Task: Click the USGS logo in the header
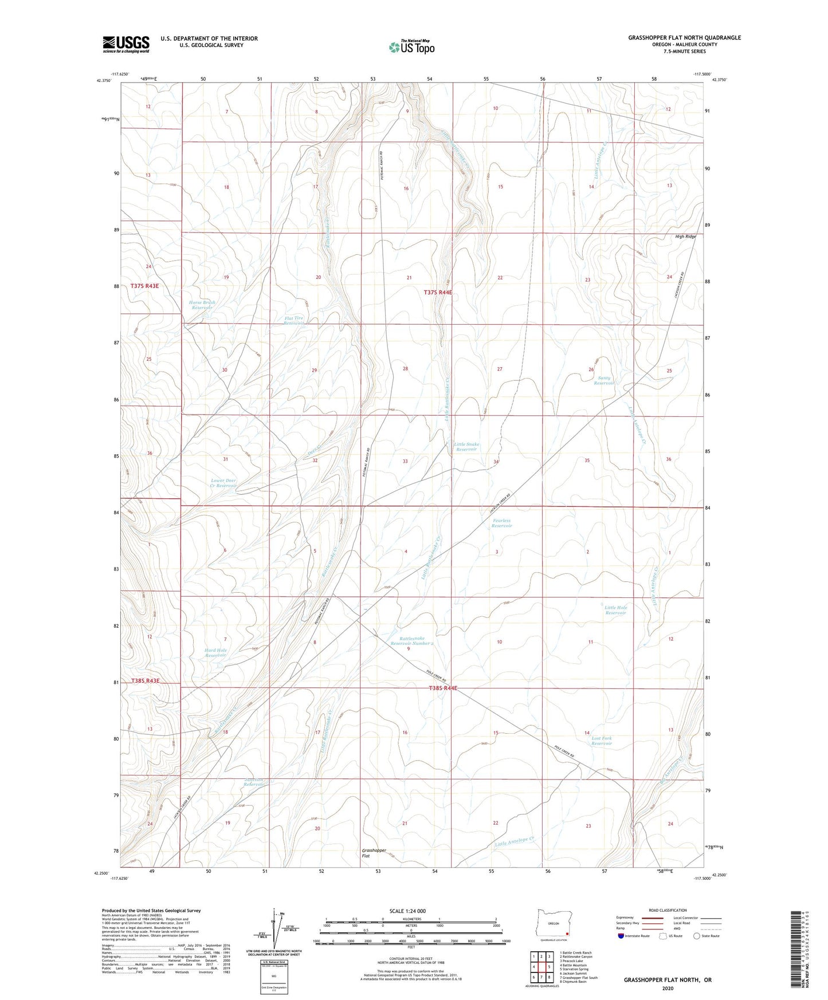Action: [126, 44]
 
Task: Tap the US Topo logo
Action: [411, 46]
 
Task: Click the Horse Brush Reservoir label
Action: [202, 305]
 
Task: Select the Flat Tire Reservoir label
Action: [294, 321]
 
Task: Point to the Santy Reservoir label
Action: [605, 380]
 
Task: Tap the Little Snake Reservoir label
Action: [466, 447]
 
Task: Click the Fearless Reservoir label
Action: [501, 523]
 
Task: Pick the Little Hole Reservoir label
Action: [615, 610]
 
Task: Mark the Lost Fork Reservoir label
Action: [602, 741]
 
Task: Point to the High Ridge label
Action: [685, 237]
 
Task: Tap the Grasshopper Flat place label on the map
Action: [374, 853]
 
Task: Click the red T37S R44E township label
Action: [438, 292]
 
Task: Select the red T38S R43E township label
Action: [145, 680]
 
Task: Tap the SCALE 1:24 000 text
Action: [407, 911]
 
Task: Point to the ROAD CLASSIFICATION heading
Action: [668, 910]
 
